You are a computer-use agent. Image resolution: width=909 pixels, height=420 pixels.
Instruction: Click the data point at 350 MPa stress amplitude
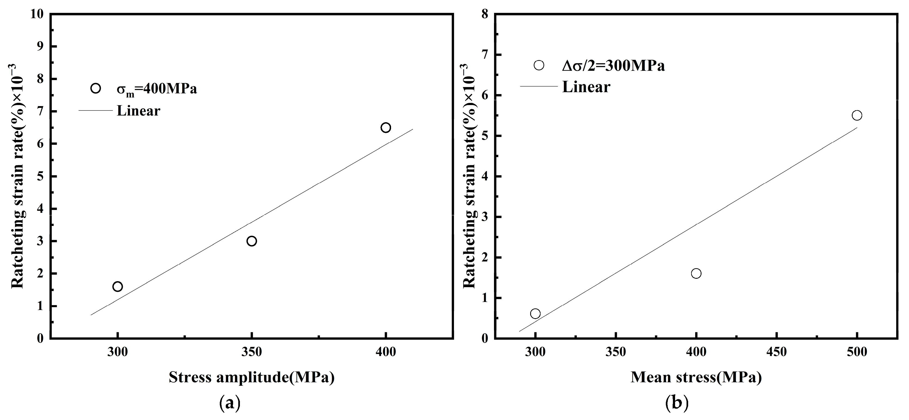[x=252, y=241]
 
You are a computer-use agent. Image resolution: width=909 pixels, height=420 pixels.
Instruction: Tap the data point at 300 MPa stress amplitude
[x=118, y=286]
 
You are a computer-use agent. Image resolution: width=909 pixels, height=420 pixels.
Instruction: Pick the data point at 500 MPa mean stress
[x=857, y=115]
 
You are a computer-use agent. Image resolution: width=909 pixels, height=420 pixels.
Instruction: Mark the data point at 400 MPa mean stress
[x=696, y=273]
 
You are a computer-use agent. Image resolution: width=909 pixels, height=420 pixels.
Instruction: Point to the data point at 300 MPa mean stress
[x=535, y=314]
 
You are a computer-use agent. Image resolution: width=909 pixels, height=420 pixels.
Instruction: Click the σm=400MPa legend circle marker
[x=96, y=88]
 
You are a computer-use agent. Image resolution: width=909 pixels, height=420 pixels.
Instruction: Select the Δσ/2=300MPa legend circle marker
[x=539, y=65]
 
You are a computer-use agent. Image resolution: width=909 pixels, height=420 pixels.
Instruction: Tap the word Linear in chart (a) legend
[x=138, y=111]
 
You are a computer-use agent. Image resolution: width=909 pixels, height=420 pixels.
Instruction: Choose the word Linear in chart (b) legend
[x=586, y=87]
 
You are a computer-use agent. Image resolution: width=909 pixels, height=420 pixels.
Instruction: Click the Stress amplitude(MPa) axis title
[x=251, y=377]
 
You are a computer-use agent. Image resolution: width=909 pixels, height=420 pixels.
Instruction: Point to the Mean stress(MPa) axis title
[x=696, y=377]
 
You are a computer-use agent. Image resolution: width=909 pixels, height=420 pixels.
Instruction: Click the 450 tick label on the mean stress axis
[x=777, y=352]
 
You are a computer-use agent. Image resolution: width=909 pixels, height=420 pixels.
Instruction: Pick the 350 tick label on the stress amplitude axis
[x=252, y=352]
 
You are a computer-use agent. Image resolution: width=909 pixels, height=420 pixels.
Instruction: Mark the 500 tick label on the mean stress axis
[x=857, y=352]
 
